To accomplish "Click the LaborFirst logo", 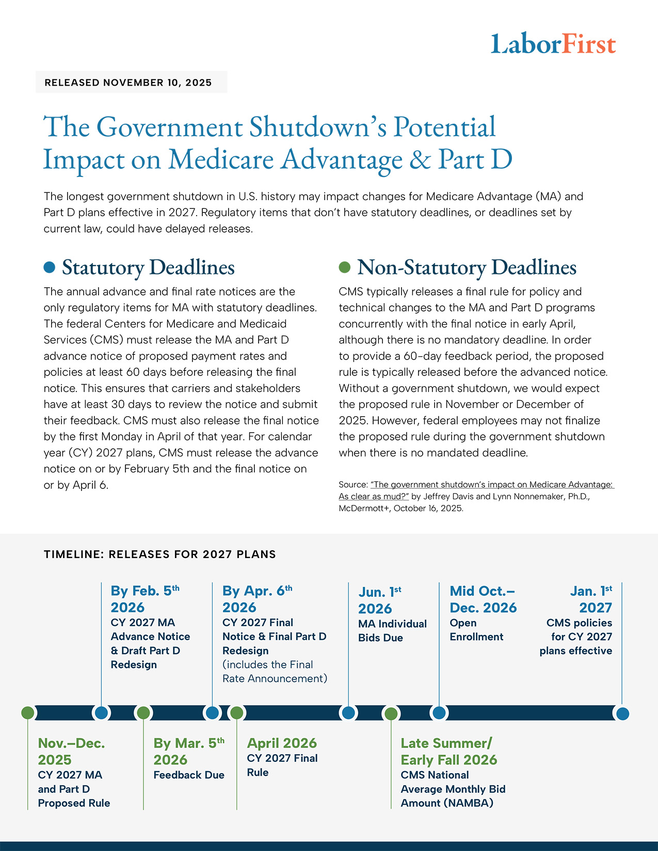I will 553,44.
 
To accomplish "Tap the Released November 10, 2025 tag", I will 129,83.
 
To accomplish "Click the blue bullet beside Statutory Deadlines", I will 50,267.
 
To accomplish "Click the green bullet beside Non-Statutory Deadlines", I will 344,267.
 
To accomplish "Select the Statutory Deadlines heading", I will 148,267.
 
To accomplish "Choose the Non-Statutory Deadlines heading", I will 467,267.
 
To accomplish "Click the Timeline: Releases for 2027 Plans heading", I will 160,554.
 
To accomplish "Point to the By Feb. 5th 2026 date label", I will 145,599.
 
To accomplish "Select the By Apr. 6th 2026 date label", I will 257,599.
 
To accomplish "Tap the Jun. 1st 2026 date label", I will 380,600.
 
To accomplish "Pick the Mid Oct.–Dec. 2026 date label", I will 483,599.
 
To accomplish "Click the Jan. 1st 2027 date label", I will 591,599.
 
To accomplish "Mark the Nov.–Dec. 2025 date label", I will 71,751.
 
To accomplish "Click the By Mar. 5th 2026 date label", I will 188,751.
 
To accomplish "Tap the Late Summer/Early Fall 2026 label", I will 448,751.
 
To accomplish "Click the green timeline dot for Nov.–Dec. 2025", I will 28,713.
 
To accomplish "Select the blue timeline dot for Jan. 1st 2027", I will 623,714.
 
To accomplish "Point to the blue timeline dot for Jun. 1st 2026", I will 348,713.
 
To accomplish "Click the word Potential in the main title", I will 444,127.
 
